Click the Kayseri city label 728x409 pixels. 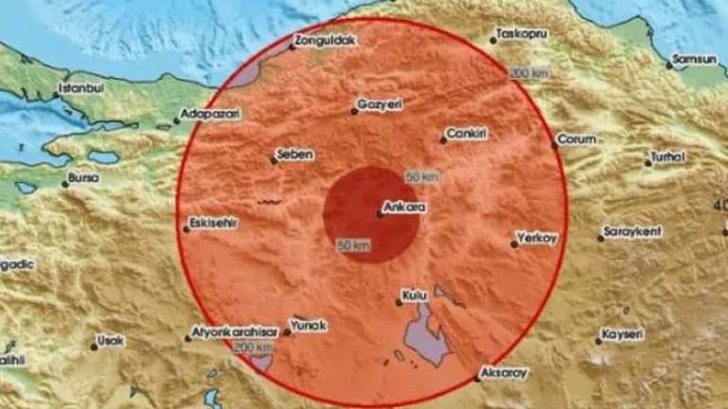pyautogui.click(x=623, y=335)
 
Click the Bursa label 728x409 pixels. pyautogui.click(x=84, y=177)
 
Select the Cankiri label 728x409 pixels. pyautogui.click(x=469, y=134)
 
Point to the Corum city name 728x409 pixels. pyautogui.click(x=576, y=139)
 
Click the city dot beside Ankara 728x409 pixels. pyautogui.click(x=380, y=214)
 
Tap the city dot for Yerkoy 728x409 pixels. pyautogui.click(x=513, y=244)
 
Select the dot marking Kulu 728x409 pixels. pyautogui.click(x=399, y=304)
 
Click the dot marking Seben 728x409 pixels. pyautogui.click(x=272, y=161)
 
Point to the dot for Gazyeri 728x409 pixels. pyautogui.click(x=354, y=112)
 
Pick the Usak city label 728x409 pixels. pyautogui.click(x=112, y=338)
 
